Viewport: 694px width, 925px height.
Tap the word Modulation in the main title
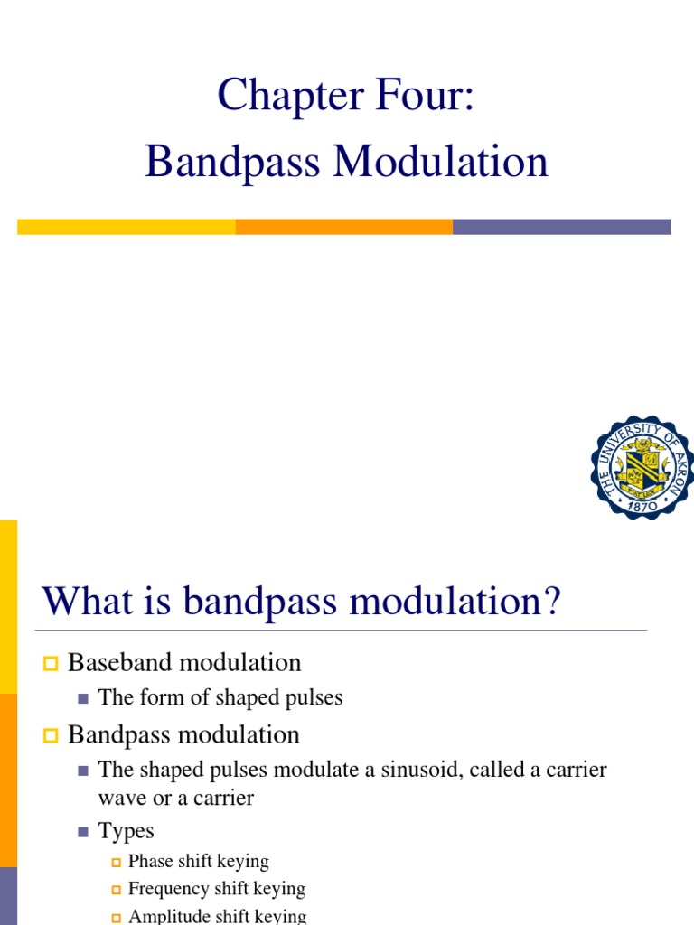tap(441, 161)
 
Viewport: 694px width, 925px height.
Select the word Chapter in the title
tap(290, 96)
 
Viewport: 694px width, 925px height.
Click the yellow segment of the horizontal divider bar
tap(127, 227)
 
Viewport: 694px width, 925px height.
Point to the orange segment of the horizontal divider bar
tap(344, 227)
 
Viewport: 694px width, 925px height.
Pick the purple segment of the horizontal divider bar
tap(562, 227)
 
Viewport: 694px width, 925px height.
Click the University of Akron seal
tap(642, 468)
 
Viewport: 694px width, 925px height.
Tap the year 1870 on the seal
tap(642, 506)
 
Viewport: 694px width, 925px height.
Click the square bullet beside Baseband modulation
tap(51, 664)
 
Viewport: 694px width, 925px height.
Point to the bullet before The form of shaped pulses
tap(82, 699)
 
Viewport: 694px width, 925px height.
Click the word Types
tap(126, 831)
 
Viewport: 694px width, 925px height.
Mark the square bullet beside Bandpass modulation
tap(51, 735)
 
